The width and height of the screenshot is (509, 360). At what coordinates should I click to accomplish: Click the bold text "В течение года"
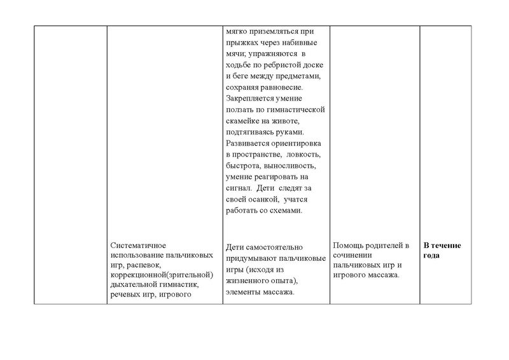[443, 251]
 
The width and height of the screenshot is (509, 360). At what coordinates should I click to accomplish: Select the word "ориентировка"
[299, 143]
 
